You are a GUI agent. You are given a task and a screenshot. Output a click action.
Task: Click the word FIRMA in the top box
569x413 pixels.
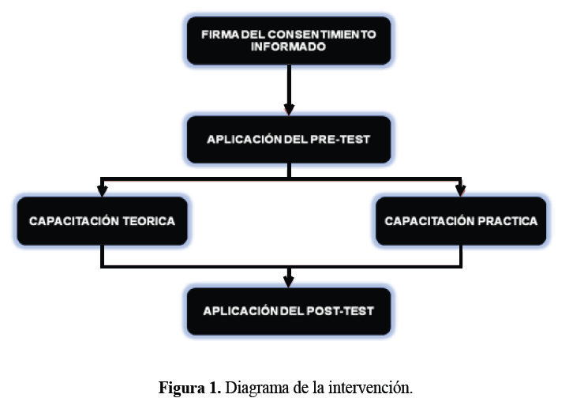(218, 35)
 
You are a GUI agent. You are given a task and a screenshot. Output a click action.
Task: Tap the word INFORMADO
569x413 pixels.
(288, 47)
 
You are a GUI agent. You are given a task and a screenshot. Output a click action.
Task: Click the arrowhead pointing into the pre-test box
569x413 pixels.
(289, 107)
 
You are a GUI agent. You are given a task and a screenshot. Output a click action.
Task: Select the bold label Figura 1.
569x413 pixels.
(189, 389)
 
